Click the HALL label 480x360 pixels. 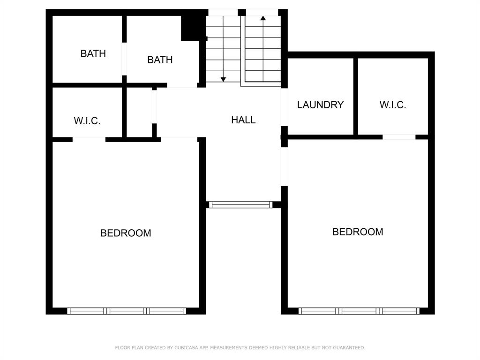pyautogui.click(x=243, y=120)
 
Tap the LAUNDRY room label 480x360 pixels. pyautogui.click(x=320, y=105)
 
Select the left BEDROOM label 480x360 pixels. pyautogui.click(x=126, y=233)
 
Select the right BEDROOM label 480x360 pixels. pyautogui.click(x=358, y=232)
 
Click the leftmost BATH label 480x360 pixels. pyautogui.click(x=93, y=53)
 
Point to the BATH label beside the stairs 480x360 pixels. pyautogui.click(x=160, y=60)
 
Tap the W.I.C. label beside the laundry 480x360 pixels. pyautogui.click(x=392, y=105)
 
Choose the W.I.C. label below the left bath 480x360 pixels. pyautogui.click(x=87, y=121)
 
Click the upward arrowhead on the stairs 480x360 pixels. pyautogui.click(x=263, y=18)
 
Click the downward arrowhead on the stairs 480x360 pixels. pyautogui.click(x=224, y=79)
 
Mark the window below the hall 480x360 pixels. pyautogui.click(x=240, y=204)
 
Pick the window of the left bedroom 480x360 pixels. pyautogui.click(x=127, y=311)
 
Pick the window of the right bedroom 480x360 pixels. pyautogui.click(x=359, y=311)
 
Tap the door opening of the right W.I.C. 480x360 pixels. pyautogui.click(x=398, y=137)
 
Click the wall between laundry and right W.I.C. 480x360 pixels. pyautogui.click(x=356, y=96)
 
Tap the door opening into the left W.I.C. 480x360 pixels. pyautogui.click(x=89, y=139)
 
